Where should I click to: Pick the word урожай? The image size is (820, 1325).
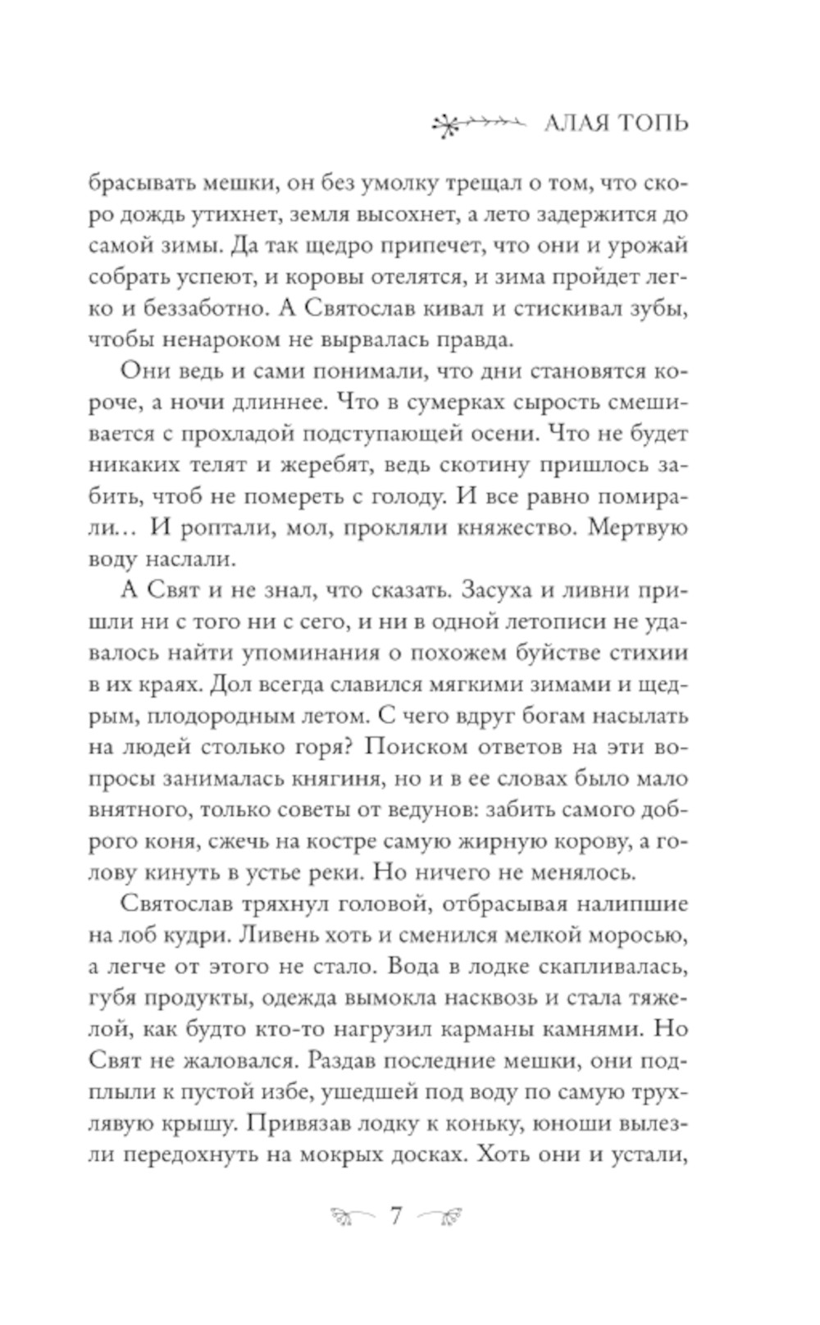(645, 245)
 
